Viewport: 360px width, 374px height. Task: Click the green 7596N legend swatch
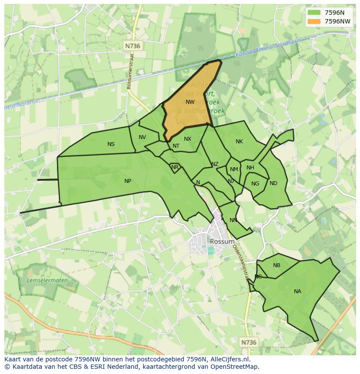[313, 13]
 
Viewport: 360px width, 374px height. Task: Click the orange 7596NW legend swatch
[313, 21]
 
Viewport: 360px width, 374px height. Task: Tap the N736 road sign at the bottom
[249, 342]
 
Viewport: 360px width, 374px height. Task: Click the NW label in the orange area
[190, 103]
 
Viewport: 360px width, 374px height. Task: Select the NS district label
[111, 144]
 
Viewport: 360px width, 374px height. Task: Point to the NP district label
[127, 181]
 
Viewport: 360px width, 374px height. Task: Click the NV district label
[142, 137]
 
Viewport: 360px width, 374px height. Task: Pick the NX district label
[187, 139]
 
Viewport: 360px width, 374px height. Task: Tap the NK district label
[239, 142]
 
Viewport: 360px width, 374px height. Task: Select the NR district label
[175, 167]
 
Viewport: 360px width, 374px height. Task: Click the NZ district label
[215, 164]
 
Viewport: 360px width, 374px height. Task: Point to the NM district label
[234, 170]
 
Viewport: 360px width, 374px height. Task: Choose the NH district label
[250, 168]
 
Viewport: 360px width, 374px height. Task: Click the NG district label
[255, 184]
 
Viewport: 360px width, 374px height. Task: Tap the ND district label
[273, 183]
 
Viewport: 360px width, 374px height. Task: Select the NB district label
[277, 265]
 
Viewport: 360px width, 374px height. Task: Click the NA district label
[297, 291]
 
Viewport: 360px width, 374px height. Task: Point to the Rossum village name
[222, 242]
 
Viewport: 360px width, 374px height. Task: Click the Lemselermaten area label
[47, 281]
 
